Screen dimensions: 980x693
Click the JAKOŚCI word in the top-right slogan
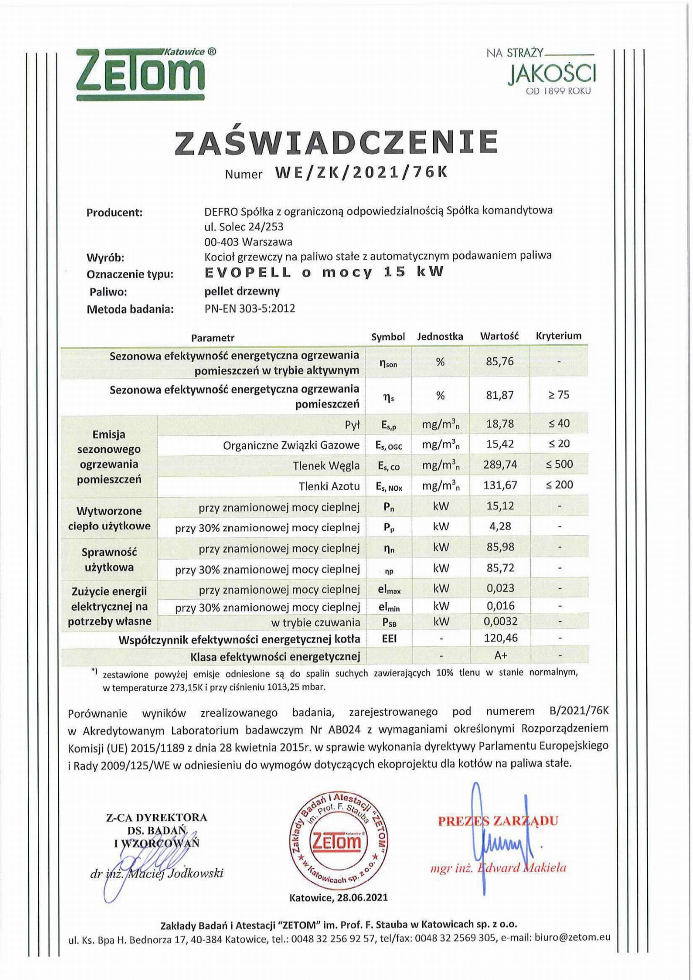coord(552,74)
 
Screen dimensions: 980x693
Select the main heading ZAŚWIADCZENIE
coord(336,142)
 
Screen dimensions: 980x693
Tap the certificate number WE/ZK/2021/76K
coord(361,172)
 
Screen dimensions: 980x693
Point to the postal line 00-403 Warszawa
coord(248,242)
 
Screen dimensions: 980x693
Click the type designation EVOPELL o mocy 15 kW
coord(324,272)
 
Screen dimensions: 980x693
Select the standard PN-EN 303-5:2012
coord(249,308)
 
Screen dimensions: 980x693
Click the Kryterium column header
coord(559,336)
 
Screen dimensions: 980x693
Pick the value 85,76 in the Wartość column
coord(500,361)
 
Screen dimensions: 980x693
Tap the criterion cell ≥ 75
coord(558,395)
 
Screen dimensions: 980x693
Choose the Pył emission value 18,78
coord(500,424)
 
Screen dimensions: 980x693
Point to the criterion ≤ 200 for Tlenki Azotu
coord(559,484)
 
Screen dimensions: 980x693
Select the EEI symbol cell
coord(389,638)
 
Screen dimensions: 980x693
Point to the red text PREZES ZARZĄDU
coord(498,821)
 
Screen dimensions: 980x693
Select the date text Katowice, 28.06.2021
coord(338,897)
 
